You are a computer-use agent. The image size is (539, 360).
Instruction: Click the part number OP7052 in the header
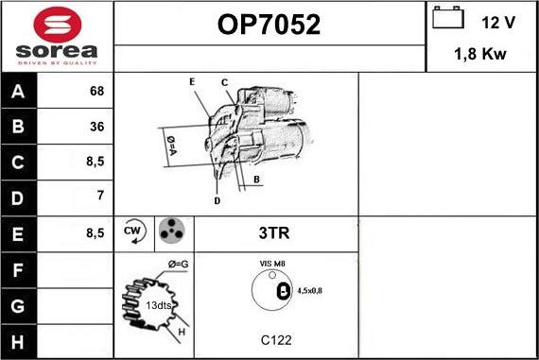click(269, 26)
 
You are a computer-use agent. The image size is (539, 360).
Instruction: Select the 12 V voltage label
click(498, 22)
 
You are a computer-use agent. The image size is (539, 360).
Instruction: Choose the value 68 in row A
click(96, 92)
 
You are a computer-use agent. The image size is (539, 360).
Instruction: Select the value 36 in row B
click(96, 127)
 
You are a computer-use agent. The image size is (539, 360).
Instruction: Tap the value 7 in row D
click(98, 196)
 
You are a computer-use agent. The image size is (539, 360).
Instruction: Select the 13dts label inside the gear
click(158, 305)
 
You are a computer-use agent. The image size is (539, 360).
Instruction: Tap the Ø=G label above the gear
click(179, 263)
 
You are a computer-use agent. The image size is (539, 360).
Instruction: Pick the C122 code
click(275, 339)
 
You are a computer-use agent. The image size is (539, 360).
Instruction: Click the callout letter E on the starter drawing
click(192, 82)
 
